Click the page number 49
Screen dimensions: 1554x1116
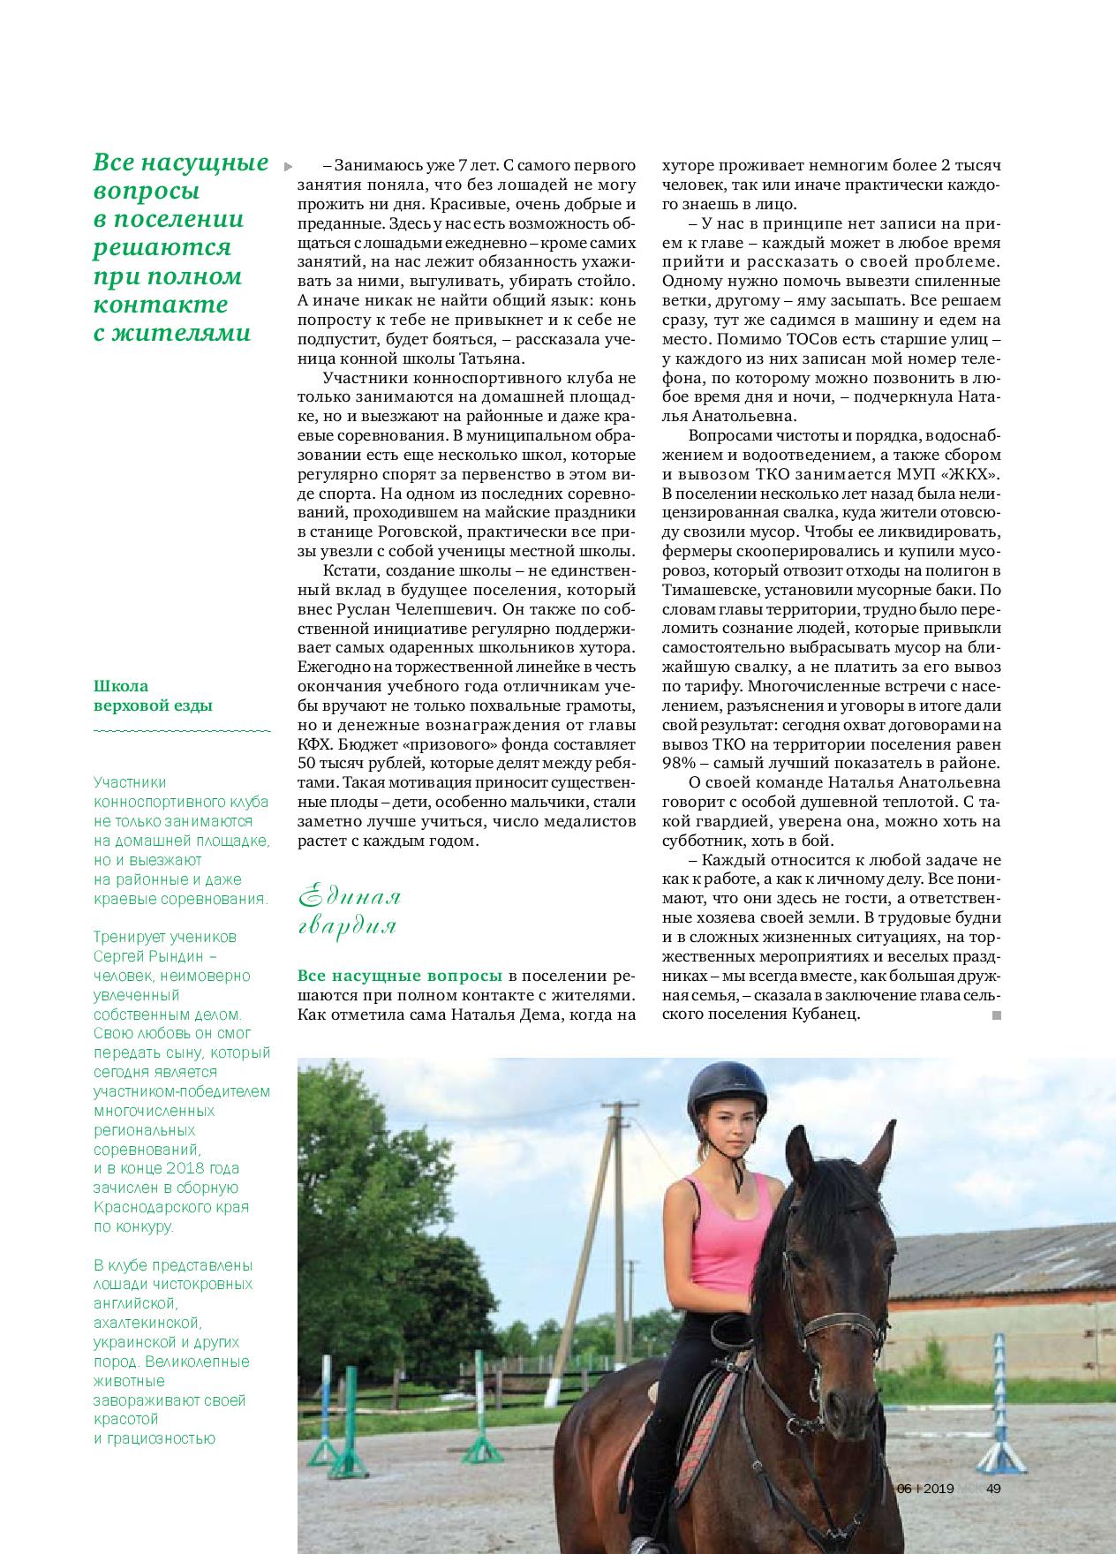(993, 1489)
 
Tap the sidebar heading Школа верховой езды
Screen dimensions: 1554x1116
(153, 696)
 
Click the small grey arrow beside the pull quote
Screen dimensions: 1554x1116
(287, 165)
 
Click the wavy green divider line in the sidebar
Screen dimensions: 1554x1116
(181, 732)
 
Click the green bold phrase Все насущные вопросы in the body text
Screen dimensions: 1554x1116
(401, 976)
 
